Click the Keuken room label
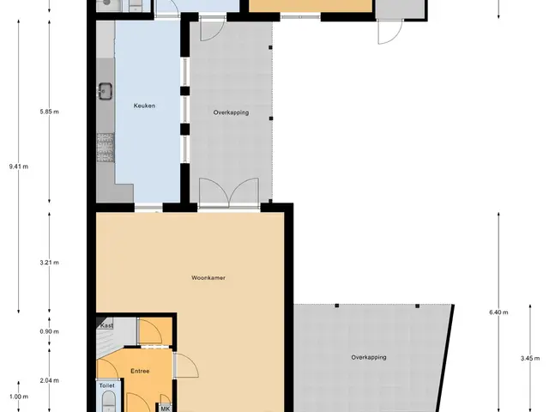coord(144,106)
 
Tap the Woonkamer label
coord(208,278)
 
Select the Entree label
coord(140,371)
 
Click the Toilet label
coord(106,385)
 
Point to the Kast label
coord(106,325)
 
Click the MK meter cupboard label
coord(166,409)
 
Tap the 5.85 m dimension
coord(50,112)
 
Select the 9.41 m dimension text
coord(19,167)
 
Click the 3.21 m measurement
coord(50,263)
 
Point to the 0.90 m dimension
coord(50,331)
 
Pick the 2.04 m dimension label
coord(50,380)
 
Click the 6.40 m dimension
coord(498,312)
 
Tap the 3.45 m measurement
coord(530,359)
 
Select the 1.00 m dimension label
coord(19,397)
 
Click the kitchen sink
coord(105,91)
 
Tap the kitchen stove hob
coord(106,148)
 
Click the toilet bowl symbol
coord(109,401)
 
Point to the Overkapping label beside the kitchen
coord(231,112)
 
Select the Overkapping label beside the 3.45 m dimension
coord(369,357)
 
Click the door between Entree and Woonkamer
coord(185,365)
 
